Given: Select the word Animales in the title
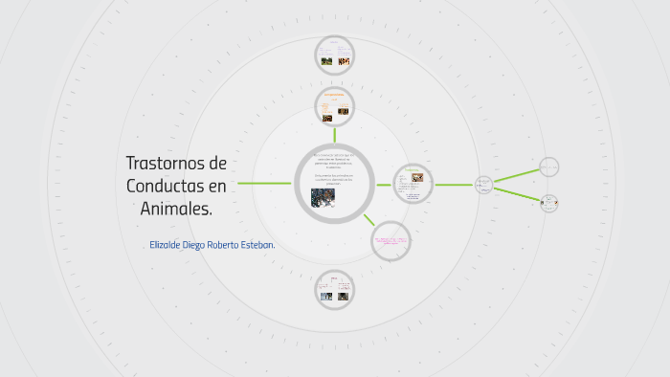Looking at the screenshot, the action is click(x=172, y=208).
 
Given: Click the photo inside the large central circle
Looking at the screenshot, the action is click(x=323, y=196).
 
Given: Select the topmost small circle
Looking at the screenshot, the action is click(x=335, y=55).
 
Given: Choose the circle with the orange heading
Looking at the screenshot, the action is click(x=335, y=107).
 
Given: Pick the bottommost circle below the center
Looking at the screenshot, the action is click(x=335, y=290).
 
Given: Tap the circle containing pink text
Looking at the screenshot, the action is click(x=391, y=239).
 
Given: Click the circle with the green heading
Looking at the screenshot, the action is click(x=413, y=184).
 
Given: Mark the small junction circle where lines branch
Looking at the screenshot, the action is click(x=484, y=184).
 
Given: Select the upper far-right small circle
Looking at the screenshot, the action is click(x=548, y=167).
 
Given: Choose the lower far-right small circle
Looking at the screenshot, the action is click(x=548, y=202).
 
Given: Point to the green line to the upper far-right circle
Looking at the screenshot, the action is click(x=517, y=176).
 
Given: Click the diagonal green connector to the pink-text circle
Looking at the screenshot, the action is click(x=368, y=219).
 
